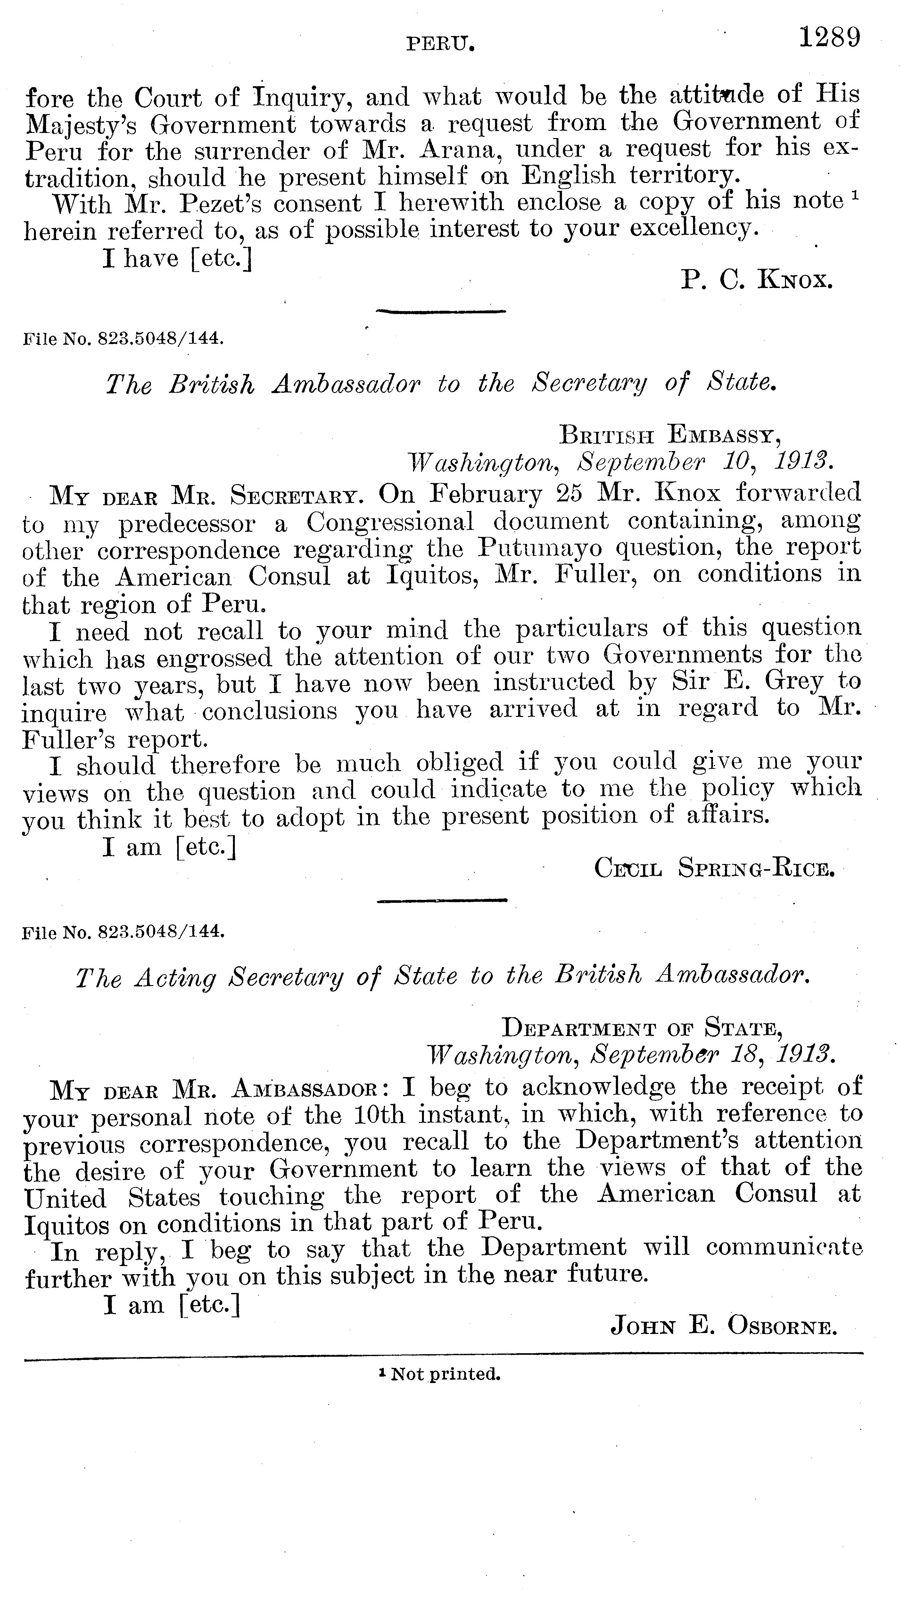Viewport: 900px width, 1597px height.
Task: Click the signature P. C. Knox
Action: [x=756, y=281]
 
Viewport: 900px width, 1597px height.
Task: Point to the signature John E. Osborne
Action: [x=724, y=1327]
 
